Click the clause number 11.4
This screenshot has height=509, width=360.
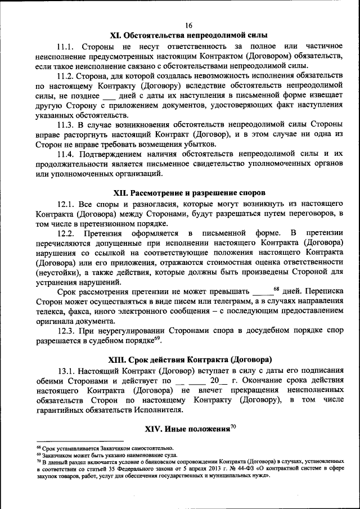pos(69,154)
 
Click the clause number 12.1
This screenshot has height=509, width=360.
pos(69,204)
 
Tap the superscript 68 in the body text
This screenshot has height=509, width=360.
pos(276,289)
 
